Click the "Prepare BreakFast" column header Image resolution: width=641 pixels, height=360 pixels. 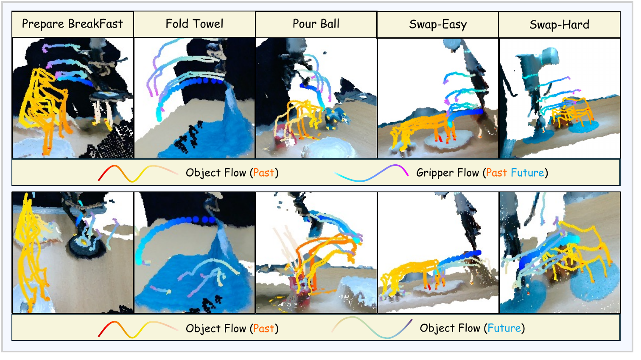tap(73, 24)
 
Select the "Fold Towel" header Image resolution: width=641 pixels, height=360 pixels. tap(194, 24)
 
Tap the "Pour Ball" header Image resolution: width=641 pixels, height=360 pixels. tap(316, 24)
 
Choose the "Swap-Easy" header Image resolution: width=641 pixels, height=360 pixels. tap(438, 25)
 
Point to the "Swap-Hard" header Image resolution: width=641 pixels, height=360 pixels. tap(559, 25)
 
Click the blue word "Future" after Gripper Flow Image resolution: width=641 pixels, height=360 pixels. tap(527, 173)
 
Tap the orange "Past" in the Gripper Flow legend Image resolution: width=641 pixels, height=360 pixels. tap(496, 173)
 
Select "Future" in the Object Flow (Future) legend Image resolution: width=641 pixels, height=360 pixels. tap(504, 328)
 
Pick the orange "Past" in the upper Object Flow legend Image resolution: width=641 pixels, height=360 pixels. tap(263, 173)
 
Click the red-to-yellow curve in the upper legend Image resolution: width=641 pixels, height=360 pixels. tap(137, 173)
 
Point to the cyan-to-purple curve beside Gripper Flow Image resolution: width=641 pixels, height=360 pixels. tap(371, 173)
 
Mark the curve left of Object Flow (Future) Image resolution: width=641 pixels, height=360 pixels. tap(372, 328)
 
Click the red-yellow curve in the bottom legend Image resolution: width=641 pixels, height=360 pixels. tap(137, 329)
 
